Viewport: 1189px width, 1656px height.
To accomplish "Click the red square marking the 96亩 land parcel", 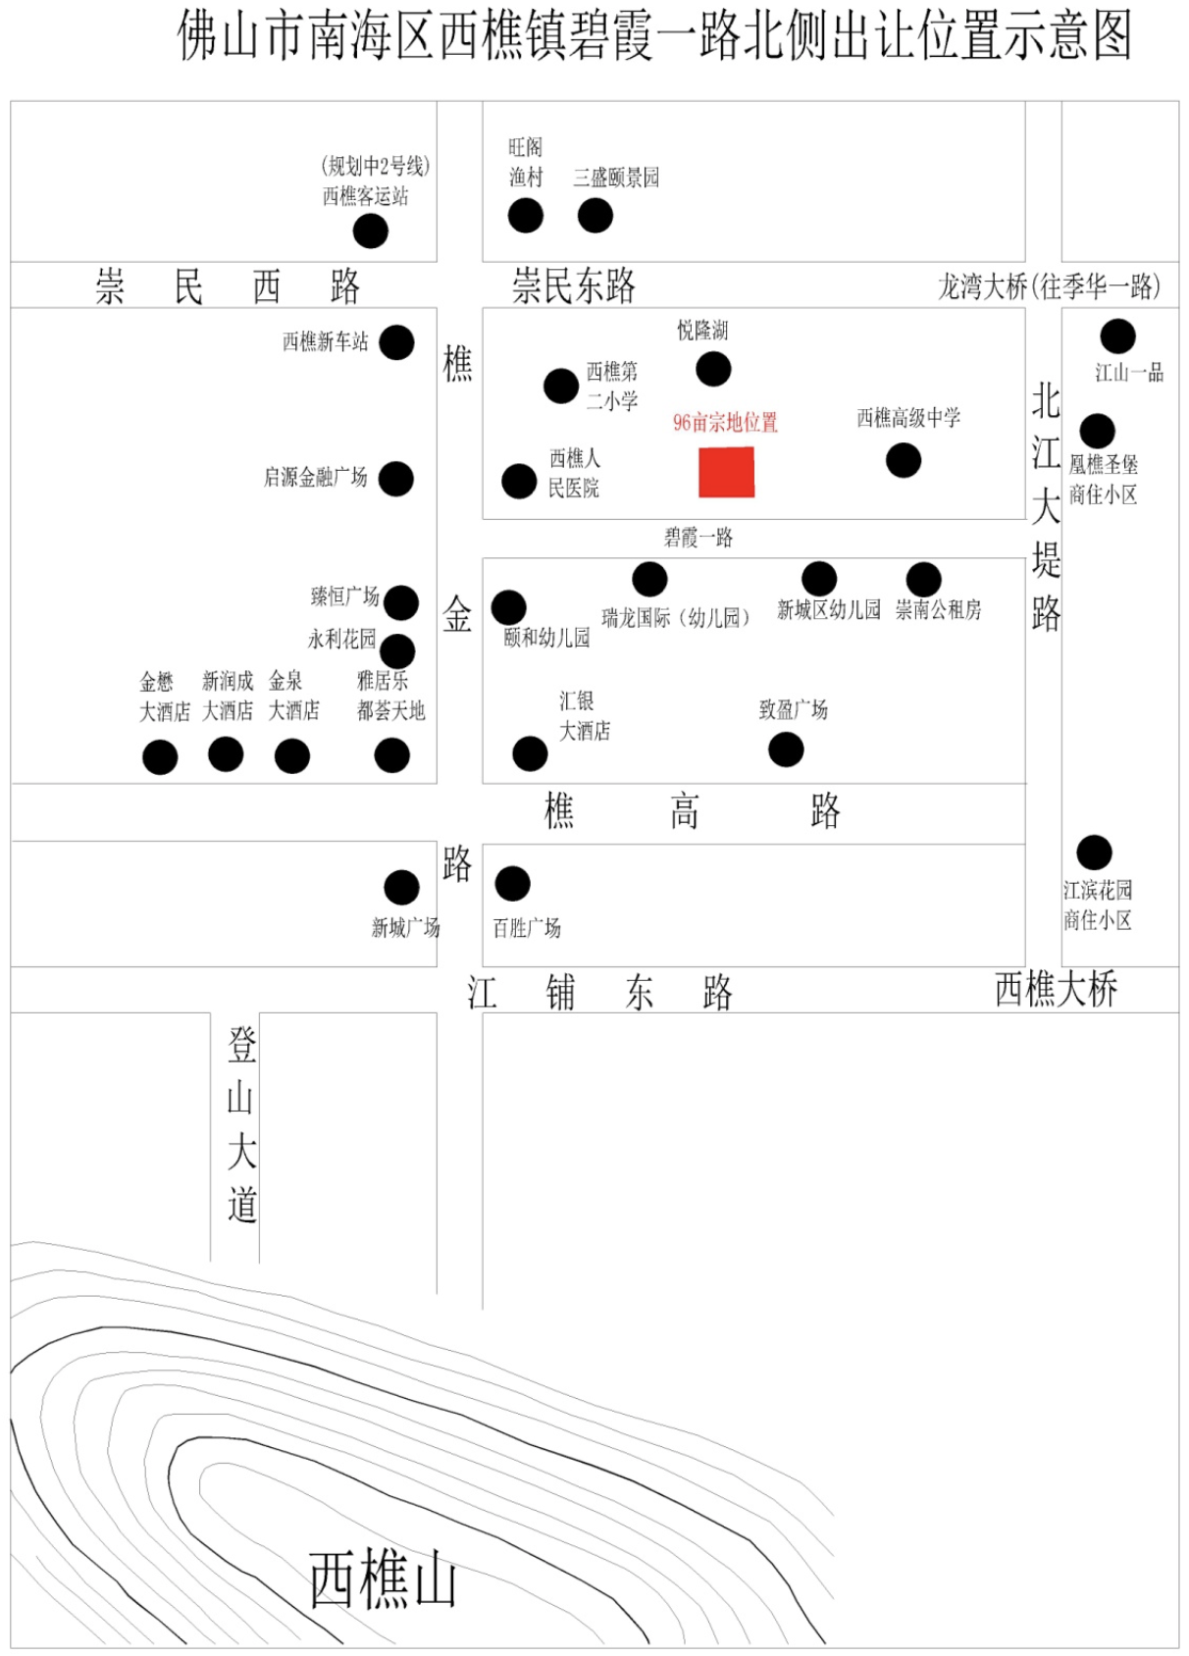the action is pos(727,472).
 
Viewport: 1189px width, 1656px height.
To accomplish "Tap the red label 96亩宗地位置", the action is pos(725,423).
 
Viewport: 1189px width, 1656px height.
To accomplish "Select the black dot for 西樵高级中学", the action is pos(904,460).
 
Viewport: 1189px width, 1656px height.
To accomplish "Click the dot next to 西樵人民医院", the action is pos(519,482).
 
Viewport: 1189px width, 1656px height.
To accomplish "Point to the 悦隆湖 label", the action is pos(702,330).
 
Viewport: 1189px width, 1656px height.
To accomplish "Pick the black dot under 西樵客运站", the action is pos(371,232).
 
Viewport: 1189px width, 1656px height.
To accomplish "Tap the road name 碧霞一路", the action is pos(698,538).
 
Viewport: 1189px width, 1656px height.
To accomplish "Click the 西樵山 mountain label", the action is pos(383,1579).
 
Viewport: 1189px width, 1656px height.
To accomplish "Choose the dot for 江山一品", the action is pos(1118,336).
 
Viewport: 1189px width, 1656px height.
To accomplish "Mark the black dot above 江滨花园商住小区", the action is pos(1095,853).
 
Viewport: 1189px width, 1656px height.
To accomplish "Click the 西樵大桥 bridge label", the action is pos(1057,989).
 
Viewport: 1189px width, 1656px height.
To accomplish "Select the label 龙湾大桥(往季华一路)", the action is pos(1050,286).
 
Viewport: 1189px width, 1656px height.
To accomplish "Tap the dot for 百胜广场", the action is pos(512,884).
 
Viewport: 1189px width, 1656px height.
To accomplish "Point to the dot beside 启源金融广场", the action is pos(396,479).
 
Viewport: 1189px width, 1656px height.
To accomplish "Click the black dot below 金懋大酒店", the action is pos(160,757).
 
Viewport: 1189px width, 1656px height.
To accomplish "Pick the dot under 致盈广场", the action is pos(786,750).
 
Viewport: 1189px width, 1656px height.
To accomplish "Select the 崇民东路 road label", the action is pos(574,285).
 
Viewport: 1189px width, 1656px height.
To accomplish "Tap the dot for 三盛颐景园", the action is pos(595,216).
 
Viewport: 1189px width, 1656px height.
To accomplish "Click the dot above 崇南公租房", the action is pos(923,579).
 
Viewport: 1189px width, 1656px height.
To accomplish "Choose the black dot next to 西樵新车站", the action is pos(396,342).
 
